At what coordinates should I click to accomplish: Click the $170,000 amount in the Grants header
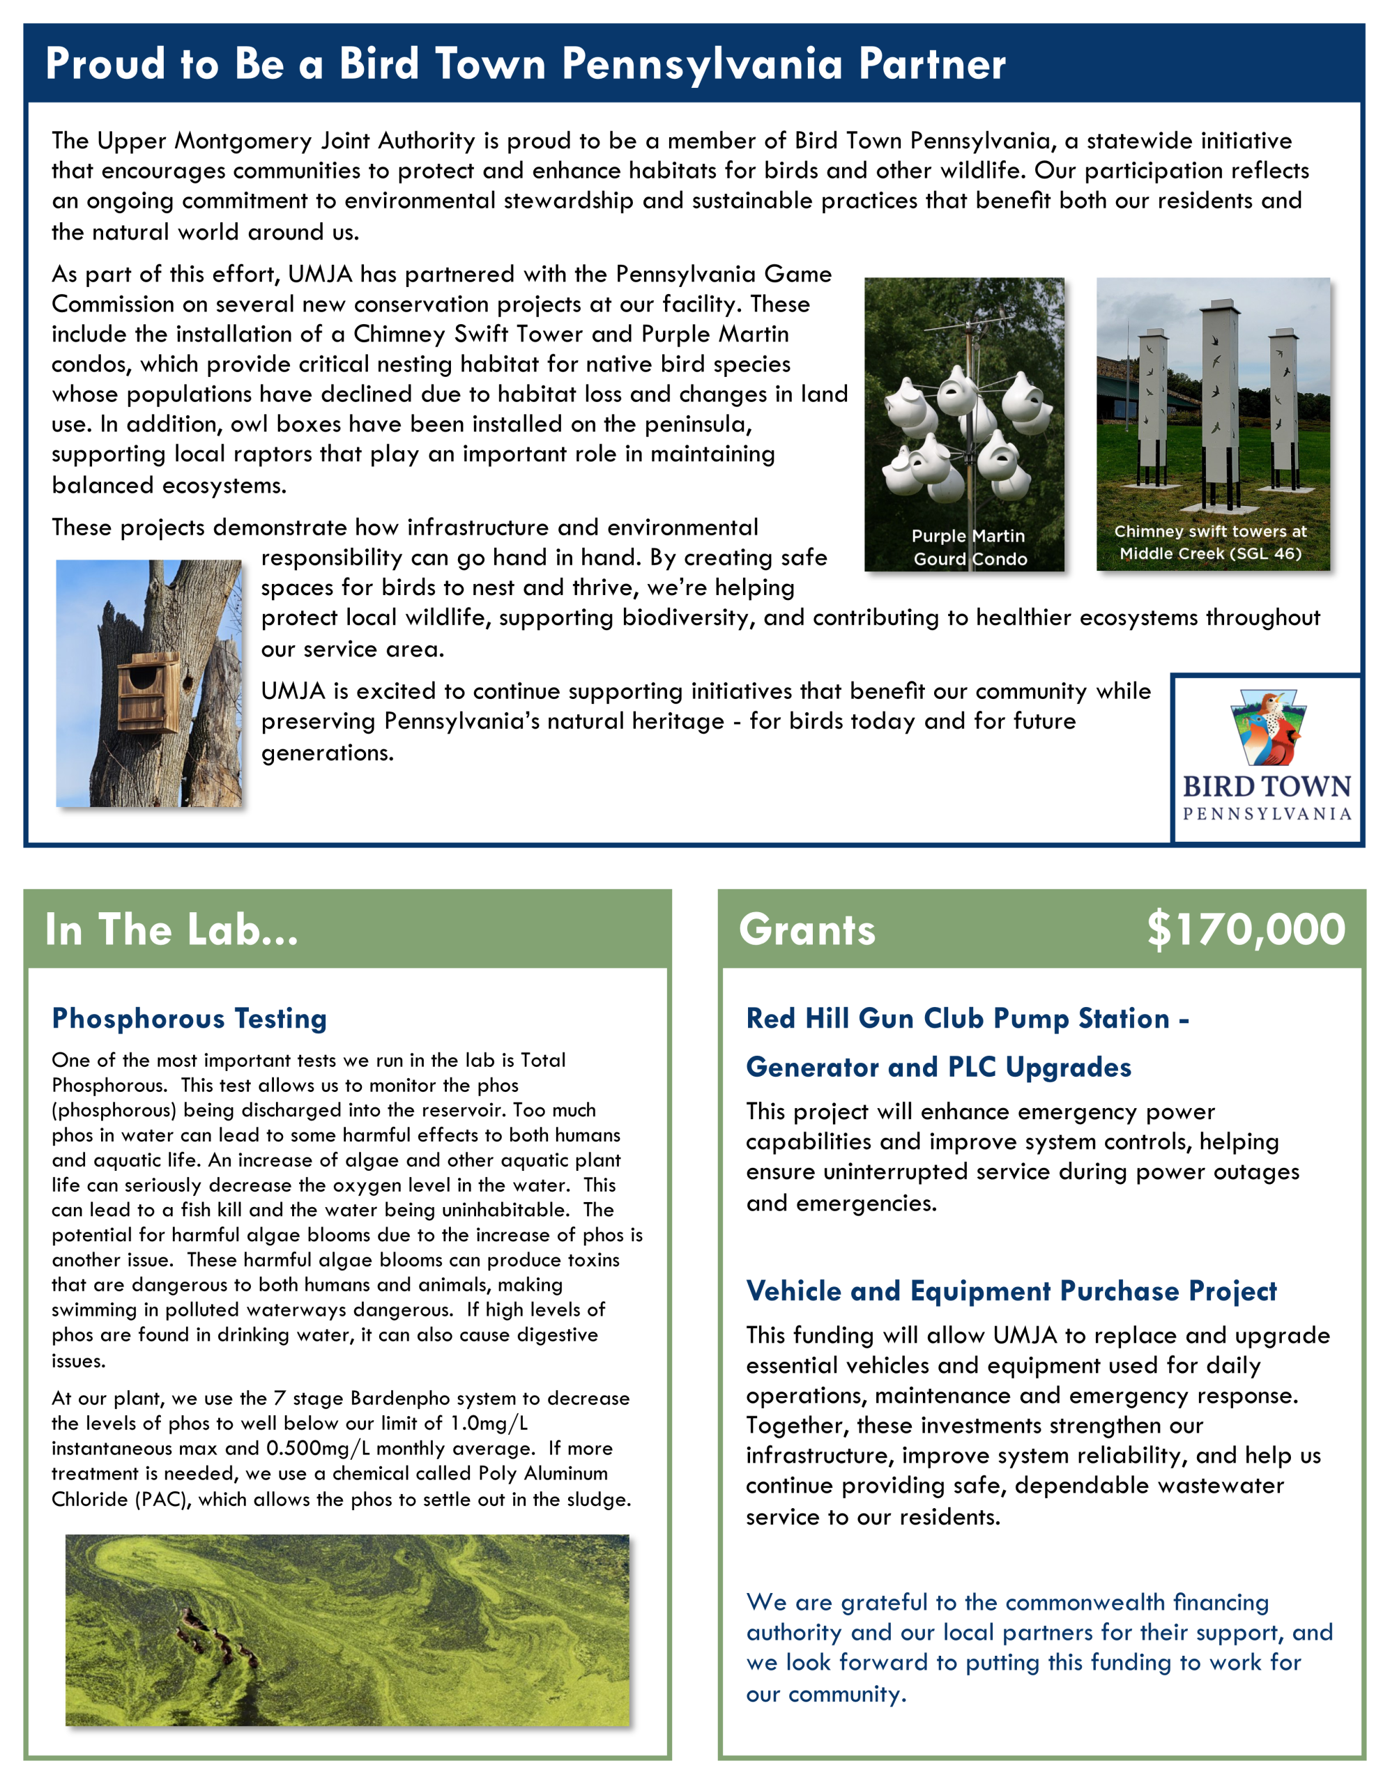[x=1246, y=930]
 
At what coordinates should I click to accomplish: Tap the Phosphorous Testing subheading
[x=189, y=1019]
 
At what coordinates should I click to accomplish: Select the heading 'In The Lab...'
[x=171, y=930]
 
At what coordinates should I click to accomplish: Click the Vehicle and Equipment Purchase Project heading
[x=1011, y=1291]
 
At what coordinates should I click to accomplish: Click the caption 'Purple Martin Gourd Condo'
[x=969, y=547]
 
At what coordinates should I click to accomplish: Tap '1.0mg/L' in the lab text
[x=489, y=1424]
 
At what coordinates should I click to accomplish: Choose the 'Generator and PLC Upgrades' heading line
[x=938, y=1067]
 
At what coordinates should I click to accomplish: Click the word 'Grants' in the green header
[x=807, y=930]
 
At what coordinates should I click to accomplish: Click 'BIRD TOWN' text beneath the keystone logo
[x=1267, y=787]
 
